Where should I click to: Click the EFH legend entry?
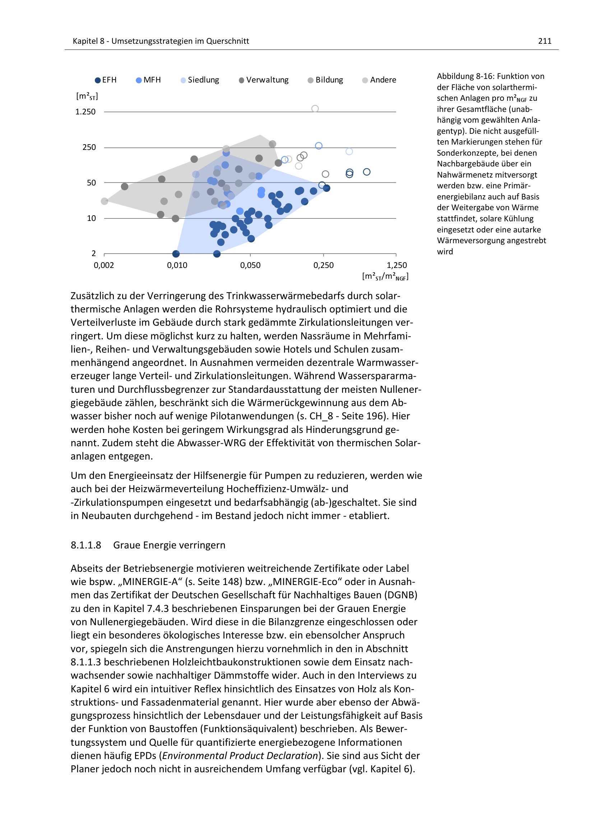point(106,80)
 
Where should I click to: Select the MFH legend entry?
point(149,80)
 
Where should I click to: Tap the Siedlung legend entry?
point(200,80)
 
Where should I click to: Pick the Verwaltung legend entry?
point(264,80)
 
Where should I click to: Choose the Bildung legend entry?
point(325,80)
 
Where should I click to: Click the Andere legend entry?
point(379,80)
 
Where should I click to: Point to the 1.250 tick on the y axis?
point(85,112)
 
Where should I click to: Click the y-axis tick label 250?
point(89,147)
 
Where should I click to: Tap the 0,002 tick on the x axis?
point(104,265)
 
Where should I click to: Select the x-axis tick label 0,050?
point(250,265)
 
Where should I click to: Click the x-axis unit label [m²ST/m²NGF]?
point(385,277)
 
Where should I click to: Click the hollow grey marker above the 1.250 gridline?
point(315,109)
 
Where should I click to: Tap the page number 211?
point(545,41)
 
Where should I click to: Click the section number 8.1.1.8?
point(86,545)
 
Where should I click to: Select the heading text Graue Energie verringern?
point(169,545)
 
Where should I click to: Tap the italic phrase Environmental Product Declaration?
point(240,756)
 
